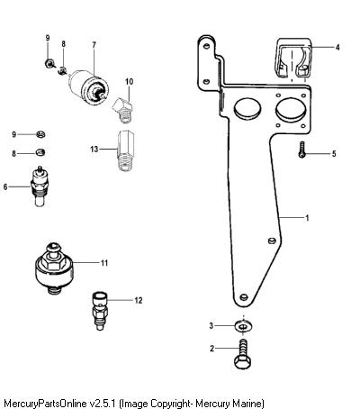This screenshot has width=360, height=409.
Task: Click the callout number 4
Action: [337, 47]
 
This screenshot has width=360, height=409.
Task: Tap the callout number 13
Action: [94, 149]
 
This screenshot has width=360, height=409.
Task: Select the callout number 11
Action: [104, 263]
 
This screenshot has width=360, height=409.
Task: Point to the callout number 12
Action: [139, 300]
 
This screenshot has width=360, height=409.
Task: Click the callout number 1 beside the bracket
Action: [307, 218]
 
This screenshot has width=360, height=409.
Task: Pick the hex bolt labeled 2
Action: [243, 353]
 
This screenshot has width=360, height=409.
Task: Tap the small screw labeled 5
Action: [302, 150]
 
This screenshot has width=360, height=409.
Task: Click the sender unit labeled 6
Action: [39, 186]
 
